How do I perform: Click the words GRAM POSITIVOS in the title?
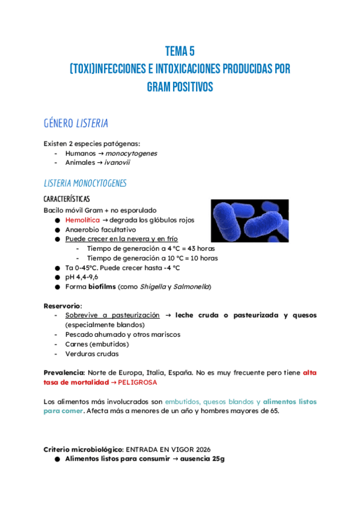tap(180, 87)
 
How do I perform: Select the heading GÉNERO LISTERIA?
tap(76, 123)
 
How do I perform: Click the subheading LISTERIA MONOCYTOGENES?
tap(85, 183)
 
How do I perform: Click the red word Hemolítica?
tap(82, 220)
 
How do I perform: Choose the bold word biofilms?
tap(102, 287)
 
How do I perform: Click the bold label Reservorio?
tap(63, 306)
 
